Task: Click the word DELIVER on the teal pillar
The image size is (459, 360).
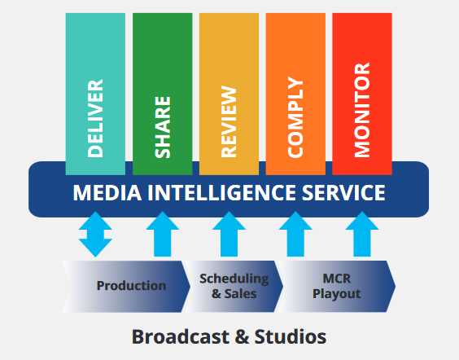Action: pos(95,118)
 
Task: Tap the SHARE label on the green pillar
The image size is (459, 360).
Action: pos(163,127)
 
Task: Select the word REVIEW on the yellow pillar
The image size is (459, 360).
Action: pos(229,122)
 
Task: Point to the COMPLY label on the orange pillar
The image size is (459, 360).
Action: pos(295,117)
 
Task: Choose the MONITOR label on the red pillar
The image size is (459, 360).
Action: pos(362,110)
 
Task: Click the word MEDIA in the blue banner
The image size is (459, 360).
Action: pos(107,193)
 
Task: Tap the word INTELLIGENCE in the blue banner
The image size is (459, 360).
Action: pos(221,193)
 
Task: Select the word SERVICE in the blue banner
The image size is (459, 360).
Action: pos(343,193)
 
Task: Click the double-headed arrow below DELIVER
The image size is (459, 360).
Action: pos(95,235)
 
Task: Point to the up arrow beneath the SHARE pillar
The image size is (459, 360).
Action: pos(163,234)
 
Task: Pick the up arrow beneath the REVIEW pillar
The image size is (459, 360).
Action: pos(229,234)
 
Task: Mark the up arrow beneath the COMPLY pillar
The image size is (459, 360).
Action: pos(295,234)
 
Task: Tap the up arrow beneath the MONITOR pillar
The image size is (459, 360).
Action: pos(362,234)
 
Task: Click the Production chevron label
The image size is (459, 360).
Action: pos(132,286)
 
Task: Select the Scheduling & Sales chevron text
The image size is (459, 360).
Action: pos(234,286)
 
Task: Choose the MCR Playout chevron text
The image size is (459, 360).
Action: pos(337,286)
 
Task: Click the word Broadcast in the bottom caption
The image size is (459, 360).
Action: pos(181,336)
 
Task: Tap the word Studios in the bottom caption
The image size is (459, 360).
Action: pos(291,336)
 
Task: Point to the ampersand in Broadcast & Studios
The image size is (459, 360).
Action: pos(242,337)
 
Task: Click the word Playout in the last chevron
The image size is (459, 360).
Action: pos(337,294)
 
